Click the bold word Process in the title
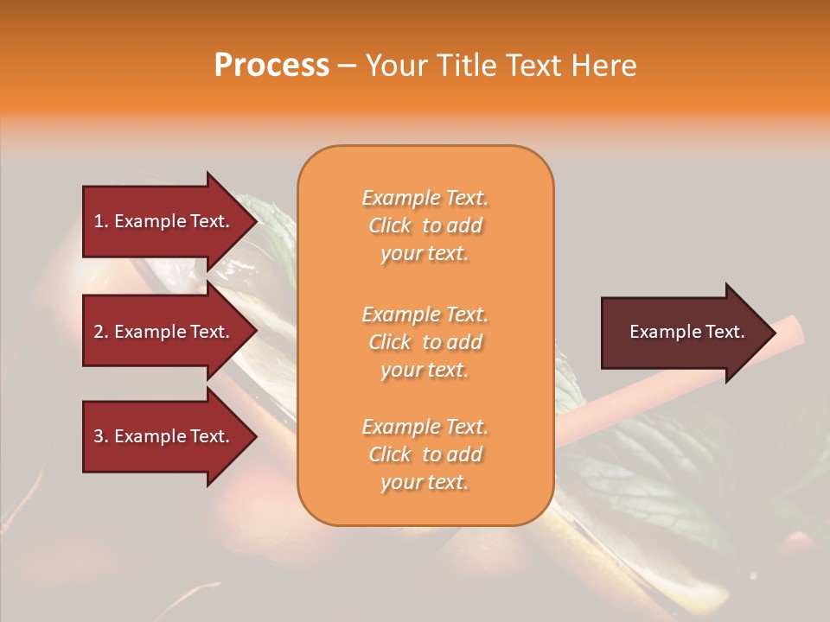(x=271, y=66)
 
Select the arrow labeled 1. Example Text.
(x=164, y=221)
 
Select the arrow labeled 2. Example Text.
(x=164, y=332)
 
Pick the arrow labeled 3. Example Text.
(x=164, y=436)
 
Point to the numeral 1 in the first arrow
(x=98, y=221)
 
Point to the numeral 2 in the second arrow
(x=99, y=332)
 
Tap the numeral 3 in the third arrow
(x=99, y=436)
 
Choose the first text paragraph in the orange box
(x=425, y=225)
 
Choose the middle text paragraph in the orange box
(x=425, y=341)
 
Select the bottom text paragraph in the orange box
(x=425, y=454)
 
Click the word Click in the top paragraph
(x=390, y=225)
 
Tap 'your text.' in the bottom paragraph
(x=425, y=482)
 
